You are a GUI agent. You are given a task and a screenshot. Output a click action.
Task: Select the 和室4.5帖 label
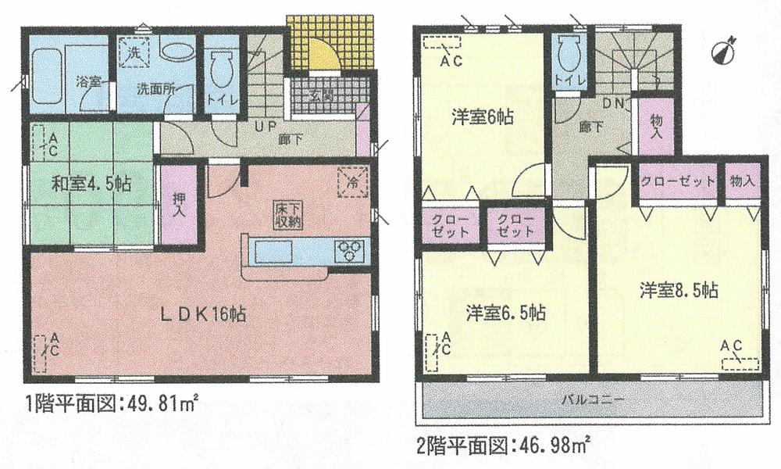91,184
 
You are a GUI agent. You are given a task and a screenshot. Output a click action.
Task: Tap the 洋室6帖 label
482,118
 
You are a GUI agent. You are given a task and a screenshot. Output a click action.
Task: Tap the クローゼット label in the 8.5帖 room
678,181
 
